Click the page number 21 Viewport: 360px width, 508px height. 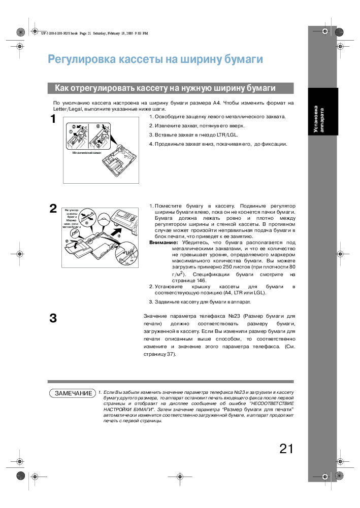pos(286,449)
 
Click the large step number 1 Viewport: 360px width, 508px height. pos(53,120)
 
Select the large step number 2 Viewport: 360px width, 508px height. pos(53,209)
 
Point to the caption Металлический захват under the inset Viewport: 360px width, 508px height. pos(87,152)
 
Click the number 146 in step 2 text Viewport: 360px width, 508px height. pos(201,280)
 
